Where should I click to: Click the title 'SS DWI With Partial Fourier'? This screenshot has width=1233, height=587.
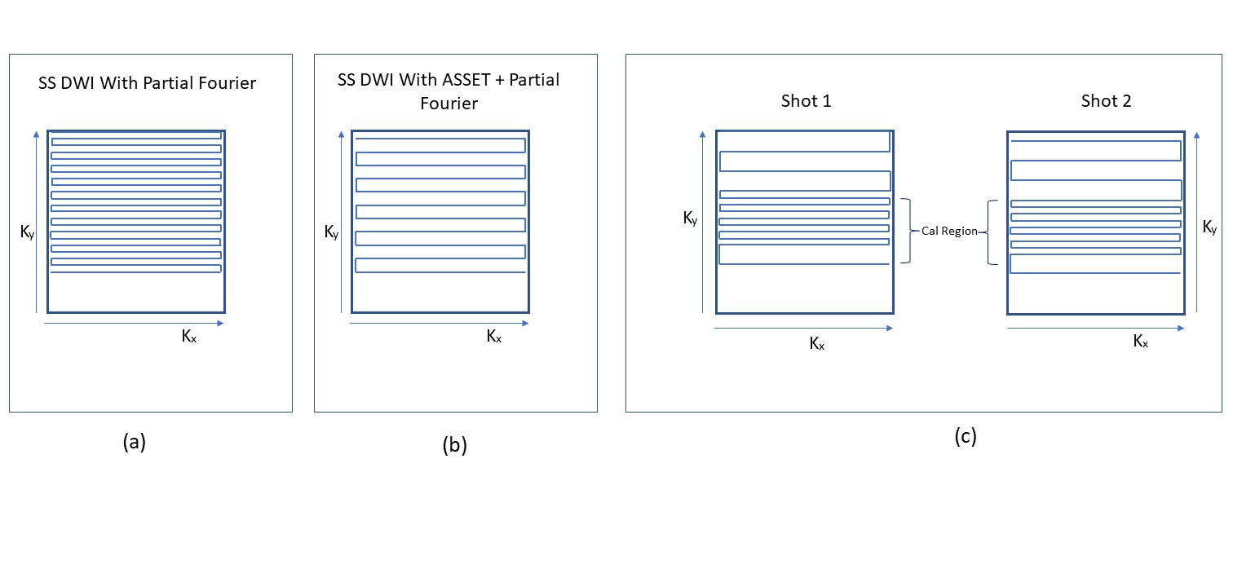coord(148,83)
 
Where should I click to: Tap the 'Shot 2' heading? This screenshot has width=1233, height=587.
coord(1106,101)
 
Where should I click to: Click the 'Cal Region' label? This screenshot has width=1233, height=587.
coord(949,232)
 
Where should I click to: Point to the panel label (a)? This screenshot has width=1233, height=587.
coord(134,442)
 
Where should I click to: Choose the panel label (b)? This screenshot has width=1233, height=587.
coord(454,445)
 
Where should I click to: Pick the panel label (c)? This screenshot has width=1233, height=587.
coord(965,436)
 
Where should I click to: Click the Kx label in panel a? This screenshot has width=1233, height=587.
coord(188,337)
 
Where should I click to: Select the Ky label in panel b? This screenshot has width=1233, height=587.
coord(331,233)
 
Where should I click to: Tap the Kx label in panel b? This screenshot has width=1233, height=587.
coord(493,337)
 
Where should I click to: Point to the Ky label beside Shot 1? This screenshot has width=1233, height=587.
coord(690,219)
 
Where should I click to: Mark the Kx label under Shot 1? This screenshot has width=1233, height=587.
coord(816,344)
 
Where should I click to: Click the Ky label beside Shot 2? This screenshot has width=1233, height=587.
coord(1210,229)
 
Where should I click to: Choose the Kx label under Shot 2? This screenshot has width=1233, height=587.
coord(1141,342)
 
